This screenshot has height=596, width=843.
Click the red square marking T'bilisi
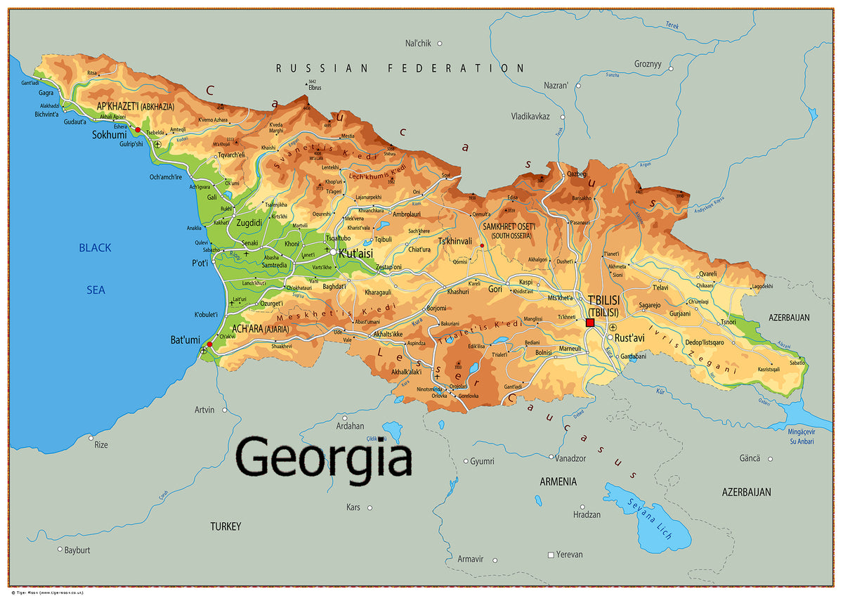pos(590,322)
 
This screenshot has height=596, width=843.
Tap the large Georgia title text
pos(324,457)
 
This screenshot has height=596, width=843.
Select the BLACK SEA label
pos(95,268)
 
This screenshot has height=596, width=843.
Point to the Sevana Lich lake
pos(643,517)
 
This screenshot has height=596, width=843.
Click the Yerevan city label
pos(569,555)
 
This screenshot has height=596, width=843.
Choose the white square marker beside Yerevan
pos(551,555)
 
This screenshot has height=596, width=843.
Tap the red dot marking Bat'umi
pos(209,344)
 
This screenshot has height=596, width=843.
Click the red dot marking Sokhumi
pos(138,130)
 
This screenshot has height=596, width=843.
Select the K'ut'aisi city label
pos(355,253)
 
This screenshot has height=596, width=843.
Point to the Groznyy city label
pos(648,63)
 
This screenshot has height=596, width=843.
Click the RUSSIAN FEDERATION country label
pos(400,68)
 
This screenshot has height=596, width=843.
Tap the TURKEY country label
pos(226,526)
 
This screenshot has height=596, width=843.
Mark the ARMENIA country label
pos(558,481)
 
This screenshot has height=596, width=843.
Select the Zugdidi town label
pos(249,223)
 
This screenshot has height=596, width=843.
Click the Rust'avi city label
pos(629,338)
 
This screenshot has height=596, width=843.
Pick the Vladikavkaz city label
pos(530,116)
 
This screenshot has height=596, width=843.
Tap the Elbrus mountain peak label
pos(314,87)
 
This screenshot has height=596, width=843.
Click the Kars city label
pos(353,507)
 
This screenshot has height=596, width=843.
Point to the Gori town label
pos(495,289)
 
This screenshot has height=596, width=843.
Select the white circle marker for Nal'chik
pos(440,44)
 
